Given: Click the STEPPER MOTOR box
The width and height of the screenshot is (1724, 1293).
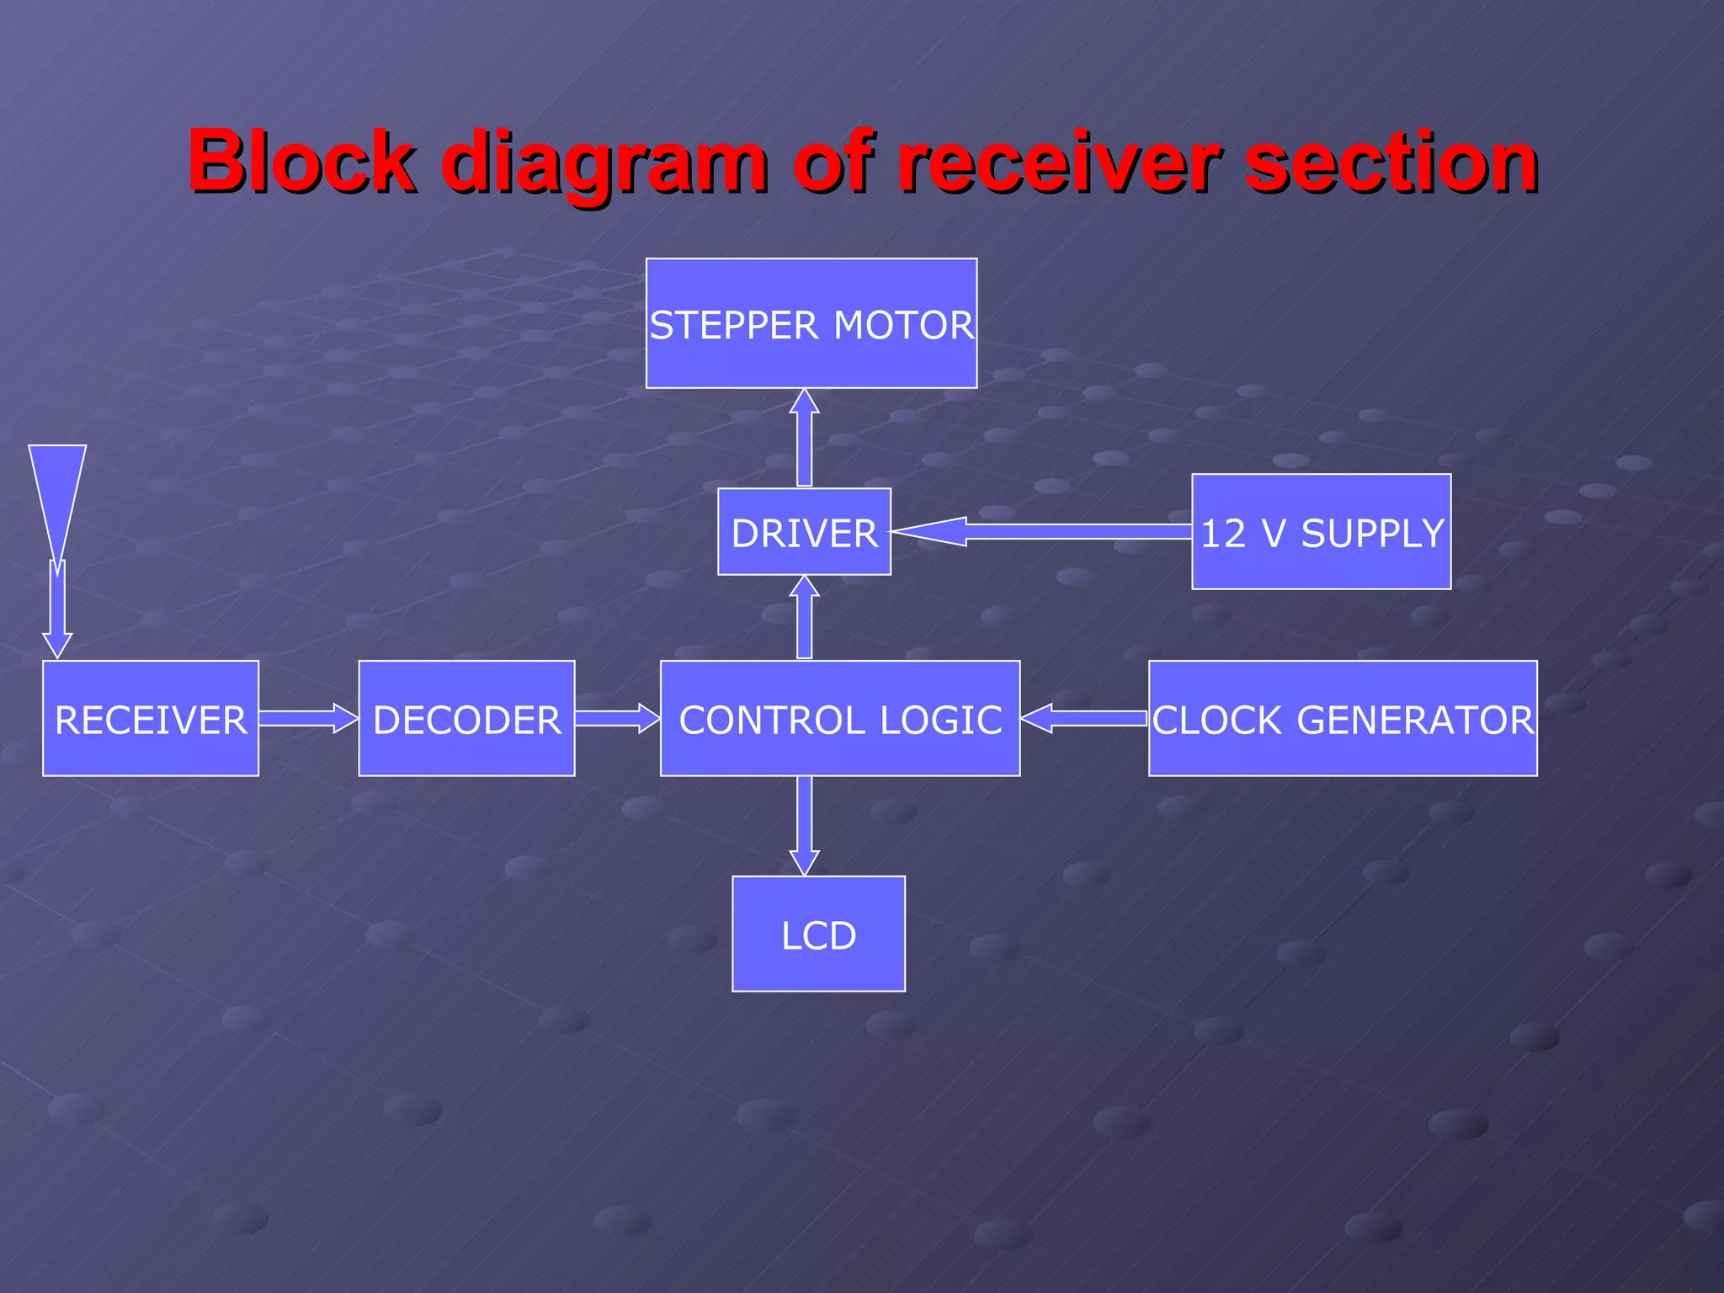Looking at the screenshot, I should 811,323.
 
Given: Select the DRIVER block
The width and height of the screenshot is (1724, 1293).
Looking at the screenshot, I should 804,532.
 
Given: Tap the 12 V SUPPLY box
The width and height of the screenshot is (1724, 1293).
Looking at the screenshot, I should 1321,532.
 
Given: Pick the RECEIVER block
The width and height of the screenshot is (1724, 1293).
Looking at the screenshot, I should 151,718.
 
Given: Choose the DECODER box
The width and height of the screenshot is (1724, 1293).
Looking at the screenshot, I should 466,718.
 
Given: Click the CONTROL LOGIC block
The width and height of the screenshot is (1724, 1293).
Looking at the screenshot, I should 840,718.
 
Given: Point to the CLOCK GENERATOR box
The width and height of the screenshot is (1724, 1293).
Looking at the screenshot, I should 1343,718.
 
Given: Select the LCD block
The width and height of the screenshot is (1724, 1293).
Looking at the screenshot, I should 818,934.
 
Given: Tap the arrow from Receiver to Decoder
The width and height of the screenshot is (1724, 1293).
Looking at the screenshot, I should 308,718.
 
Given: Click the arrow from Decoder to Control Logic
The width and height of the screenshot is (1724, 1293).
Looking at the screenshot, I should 617,718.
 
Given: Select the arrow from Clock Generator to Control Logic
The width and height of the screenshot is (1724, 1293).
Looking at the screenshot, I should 1084,718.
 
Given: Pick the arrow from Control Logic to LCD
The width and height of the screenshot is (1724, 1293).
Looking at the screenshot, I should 805,825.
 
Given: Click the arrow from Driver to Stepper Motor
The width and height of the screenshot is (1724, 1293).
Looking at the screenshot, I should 805,438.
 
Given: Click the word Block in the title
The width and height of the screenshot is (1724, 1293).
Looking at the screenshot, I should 301,162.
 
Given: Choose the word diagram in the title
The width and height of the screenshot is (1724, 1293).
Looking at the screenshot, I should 604,162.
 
